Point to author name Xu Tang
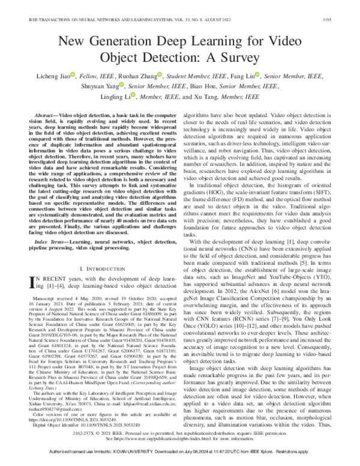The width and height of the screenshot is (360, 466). pyautogui.click(x=196, y=97)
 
